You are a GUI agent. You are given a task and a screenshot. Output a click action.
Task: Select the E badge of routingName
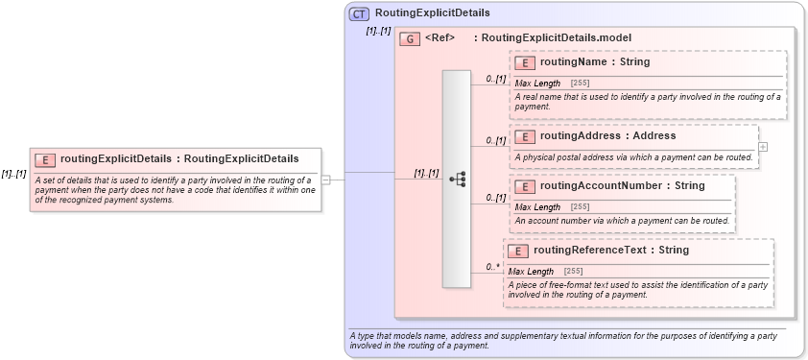(525, 62)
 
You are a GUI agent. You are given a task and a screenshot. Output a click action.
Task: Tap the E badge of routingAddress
(525, 136)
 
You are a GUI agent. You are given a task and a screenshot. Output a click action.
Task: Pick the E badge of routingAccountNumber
(525, 186)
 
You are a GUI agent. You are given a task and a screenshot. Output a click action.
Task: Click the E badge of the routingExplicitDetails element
(44, 159)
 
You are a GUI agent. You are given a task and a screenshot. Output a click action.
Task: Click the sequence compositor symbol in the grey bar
(457, 179)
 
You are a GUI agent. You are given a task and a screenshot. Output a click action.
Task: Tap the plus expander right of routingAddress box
(763, 147)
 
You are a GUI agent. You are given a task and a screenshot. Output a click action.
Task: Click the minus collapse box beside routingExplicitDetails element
(326, 179)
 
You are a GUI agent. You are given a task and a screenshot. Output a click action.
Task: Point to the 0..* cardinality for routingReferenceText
(494, 267)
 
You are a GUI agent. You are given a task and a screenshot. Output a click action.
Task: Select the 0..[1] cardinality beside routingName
(495, 79)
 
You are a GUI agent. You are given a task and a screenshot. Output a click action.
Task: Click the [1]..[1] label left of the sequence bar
(426, 174)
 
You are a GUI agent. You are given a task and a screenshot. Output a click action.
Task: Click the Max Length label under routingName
(538, 84)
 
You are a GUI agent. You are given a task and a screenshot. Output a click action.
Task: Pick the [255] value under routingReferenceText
(572, 272)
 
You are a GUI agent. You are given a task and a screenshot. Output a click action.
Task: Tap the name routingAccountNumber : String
(622, 186)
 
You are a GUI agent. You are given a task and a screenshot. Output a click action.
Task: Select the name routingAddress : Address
(607, 136)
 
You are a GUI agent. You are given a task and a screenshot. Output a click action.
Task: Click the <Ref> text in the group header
(440, 38)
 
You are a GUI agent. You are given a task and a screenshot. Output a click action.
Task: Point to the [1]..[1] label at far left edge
(13, 174)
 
